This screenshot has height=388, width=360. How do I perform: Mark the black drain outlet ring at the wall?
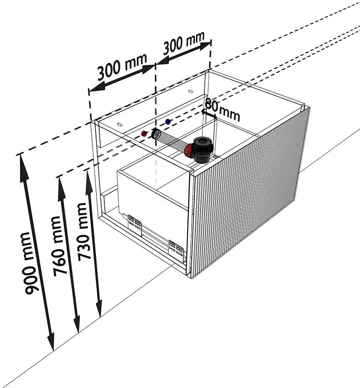pos(156,134)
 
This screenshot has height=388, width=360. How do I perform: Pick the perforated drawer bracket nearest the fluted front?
pos(176,249)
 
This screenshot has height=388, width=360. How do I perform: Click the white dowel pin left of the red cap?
pos(120,124)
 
